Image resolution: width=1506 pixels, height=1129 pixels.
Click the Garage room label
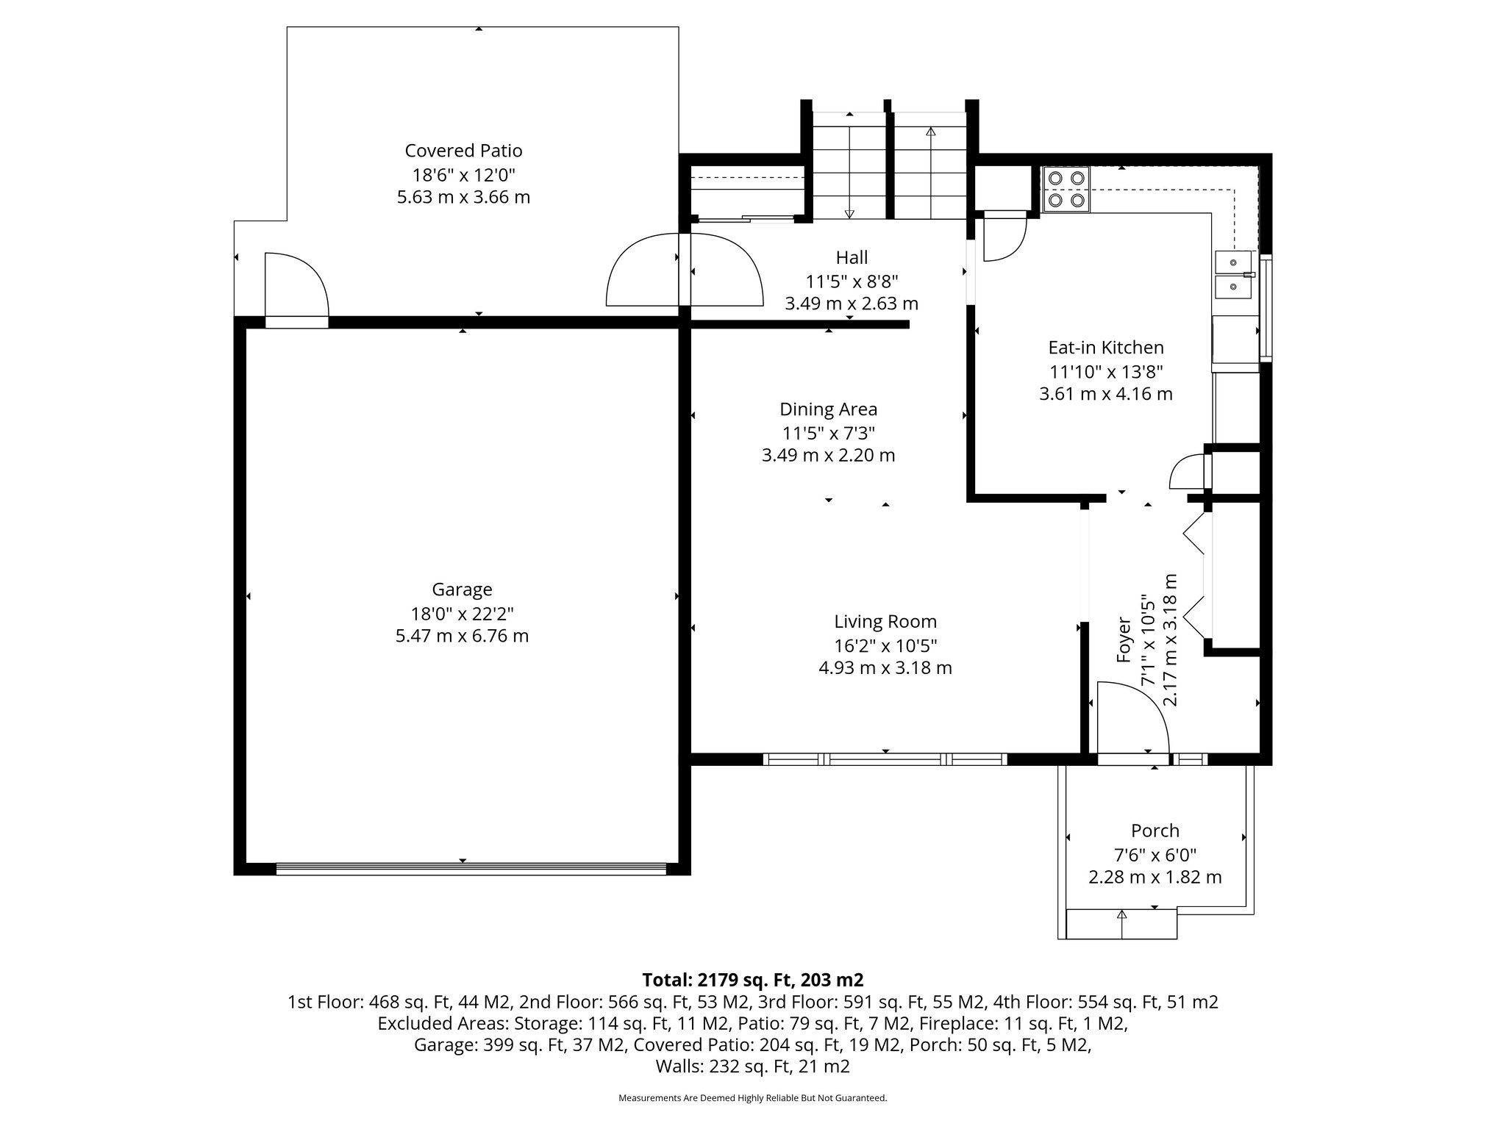coord(462,589)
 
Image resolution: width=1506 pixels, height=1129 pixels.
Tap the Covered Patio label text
coord(463,151)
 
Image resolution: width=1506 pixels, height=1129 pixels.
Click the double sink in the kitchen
coord(1233,274)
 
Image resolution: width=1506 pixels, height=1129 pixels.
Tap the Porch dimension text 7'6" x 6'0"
coord(1155,855)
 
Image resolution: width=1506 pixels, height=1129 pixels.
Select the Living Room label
coord(885,622)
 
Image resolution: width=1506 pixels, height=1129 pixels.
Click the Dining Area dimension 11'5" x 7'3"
coord(828,433)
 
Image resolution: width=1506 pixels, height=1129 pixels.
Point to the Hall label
coord(852,257)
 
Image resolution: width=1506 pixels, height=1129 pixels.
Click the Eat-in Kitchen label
coord(1105,348)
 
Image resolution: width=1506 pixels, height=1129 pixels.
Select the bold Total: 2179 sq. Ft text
coord(752,980)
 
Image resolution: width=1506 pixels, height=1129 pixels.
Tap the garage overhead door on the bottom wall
coord(471,869)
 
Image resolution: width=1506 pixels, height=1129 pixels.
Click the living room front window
coord(885,759)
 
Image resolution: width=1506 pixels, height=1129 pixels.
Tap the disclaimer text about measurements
coord(752,1098)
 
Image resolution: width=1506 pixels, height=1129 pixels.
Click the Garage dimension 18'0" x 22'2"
coord(462,614)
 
